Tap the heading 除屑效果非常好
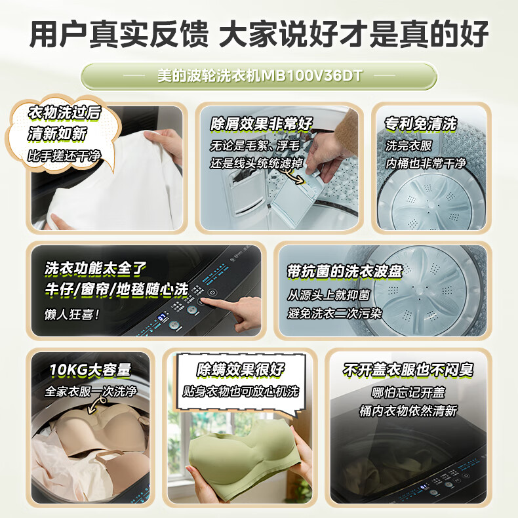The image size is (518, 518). [x=261, y=124]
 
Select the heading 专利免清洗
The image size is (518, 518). [x=420, y=124]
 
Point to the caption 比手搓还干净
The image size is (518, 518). [x=64, y=155]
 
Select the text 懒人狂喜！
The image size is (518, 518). [x=72, y=315]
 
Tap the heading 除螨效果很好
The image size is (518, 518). [x=241, y=370]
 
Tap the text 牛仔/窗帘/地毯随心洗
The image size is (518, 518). [x=116, y=289]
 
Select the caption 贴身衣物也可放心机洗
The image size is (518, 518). [x=241, y=391]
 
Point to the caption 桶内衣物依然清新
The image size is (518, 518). [x=408, y=411]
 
